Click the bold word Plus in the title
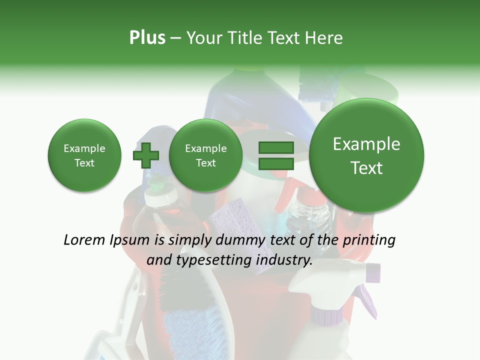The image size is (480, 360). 147,38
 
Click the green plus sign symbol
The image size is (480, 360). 145,155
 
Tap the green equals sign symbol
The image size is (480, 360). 275,155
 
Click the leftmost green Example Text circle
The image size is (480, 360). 84,155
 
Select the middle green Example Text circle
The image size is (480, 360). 205,155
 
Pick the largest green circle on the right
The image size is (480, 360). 366,155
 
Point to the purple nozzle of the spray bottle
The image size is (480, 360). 373,272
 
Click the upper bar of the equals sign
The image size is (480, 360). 275,147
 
